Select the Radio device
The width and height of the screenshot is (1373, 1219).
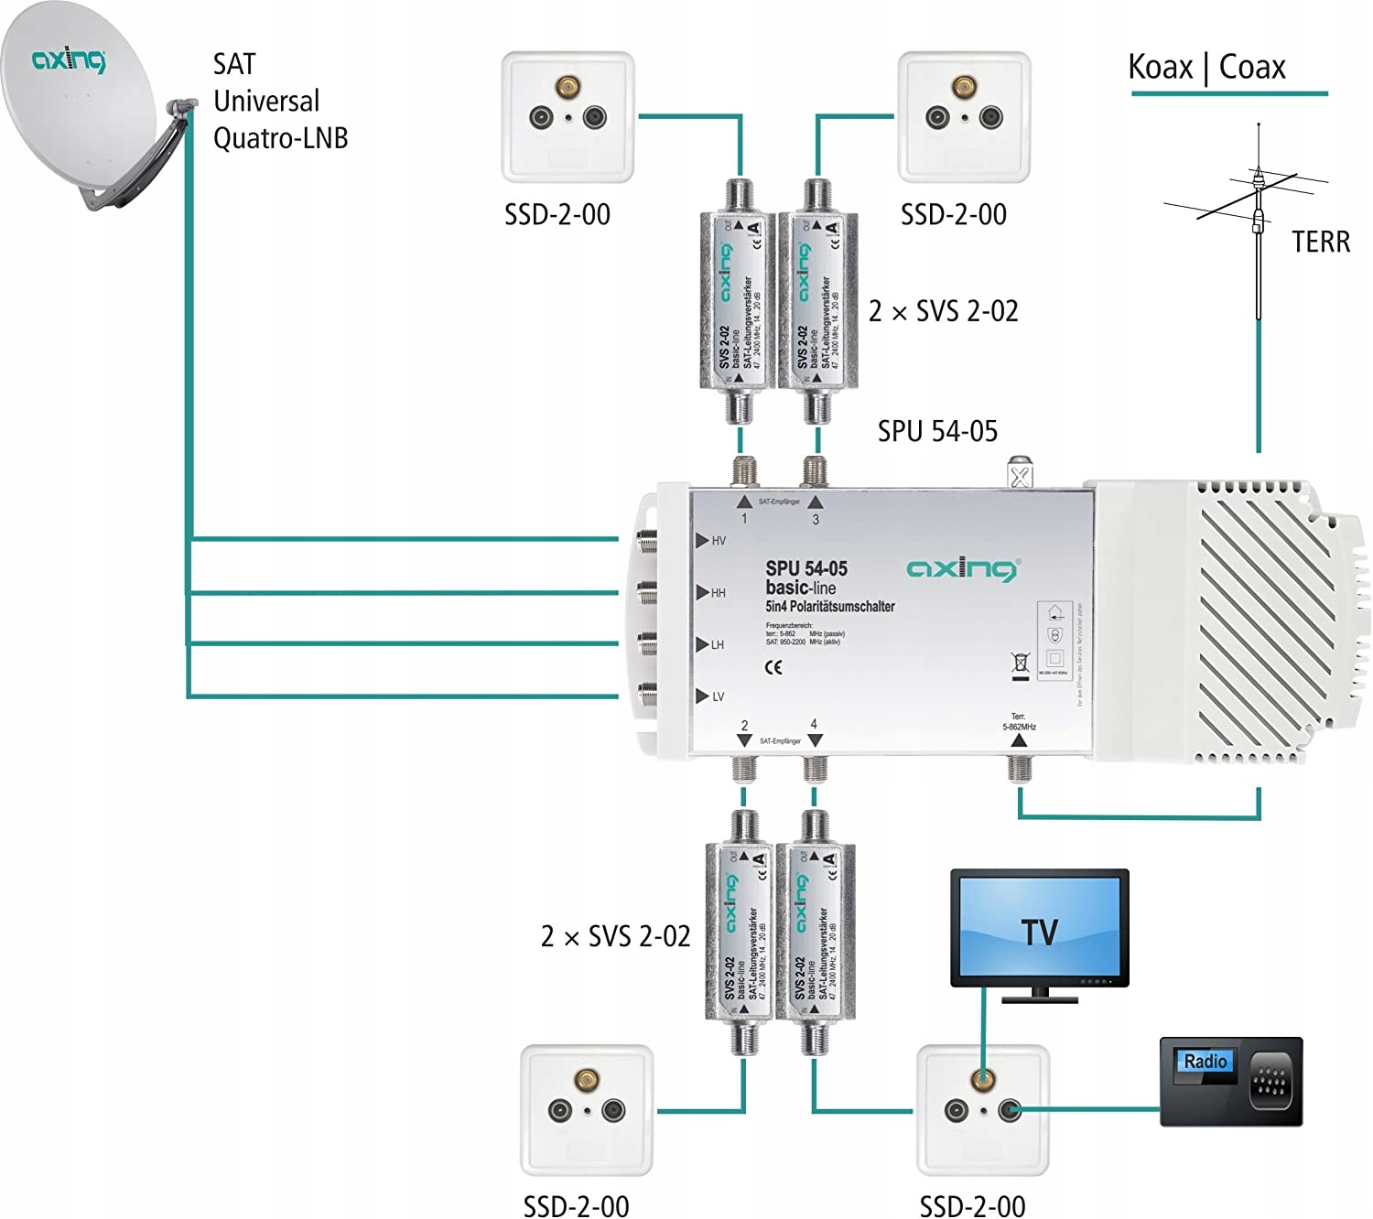tap(1230, 1081)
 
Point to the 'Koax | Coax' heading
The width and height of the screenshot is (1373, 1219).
tap(1206, 68)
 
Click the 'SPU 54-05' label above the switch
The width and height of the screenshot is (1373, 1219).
tap(937, 431)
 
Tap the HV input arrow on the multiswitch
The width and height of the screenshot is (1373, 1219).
tap(702, 541)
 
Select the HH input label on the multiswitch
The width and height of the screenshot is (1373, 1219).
tap(719, 593)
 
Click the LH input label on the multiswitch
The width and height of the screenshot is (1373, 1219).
tap(718, 645)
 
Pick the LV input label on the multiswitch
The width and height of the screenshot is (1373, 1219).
tap(719, 697)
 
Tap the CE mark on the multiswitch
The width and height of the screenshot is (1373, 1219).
tap(773, 667)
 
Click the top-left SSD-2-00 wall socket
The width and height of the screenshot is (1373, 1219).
tap(568, 116)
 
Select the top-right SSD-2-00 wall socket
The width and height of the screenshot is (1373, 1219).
tap(964, 116)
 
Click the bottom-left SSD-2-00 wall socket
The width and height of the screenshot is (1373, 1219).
tap(587, 1110)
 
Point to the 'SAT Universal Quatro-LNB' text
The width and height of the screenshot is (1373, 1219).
tap(279, 101)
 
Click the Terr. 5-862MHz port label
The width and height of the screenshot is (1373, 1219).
tap(1019, 722)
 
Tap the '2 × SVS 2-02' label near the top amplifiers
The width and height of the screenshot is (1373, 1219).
tap(943, 311)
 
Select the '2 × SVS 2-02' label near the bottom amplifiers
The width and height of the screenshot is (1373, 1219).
tap(615, 936)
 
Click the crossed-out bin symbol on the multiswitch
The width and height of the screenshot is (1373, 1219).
tap(1021, 664)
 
